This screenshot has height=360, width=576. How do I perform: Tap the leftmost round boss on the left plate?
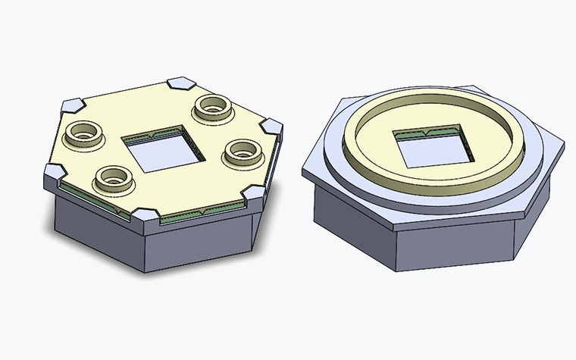pos(83,135)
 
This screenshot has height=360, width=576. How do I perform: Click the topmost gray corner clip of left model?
pos(182,81)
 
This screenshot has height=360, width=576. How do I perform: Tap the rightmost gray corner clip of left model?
pos(273,127)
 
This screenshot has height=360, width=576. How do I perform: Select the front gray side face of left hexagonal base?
pos(197,246)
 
